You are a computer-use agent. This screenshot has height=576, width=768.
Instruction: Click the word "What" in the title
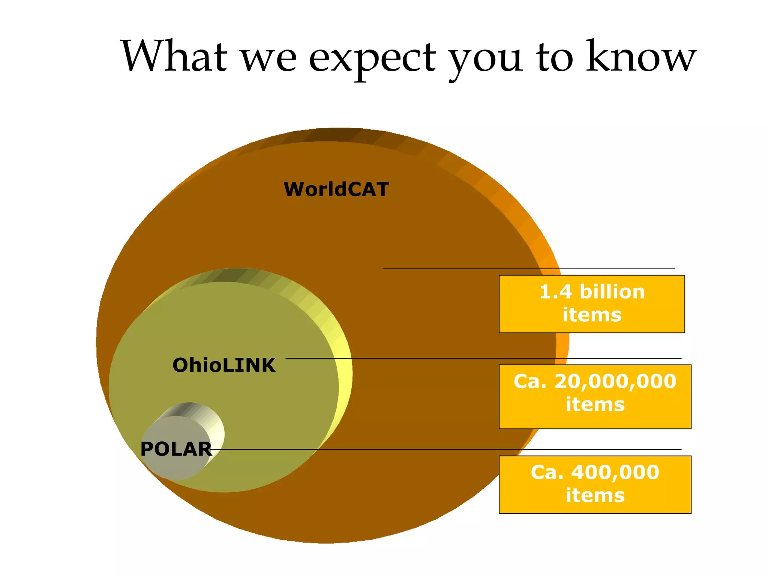[174, 56]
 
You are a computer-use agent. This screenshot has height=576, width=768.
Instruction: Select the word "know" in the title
[641, 56]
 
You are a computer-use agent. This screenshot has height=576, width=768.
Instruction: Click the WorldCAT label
[336, 189]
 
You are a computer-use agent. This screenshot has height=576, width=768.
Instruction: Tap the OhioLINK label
[224, 365]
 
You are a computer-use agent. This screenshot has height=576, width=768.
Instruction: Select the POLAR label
[176, 449]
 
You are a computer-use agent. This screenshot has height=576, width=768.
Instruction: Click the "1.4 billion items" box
[592, 304]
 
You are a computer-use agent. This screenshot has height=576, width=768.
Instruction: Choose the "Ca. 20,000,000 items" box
[595, 396]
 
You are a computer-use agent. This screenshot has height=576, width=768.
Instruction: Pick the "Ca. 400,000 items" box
[595, 484]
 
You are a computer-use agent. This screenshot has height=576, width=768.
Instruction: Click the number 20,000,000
[615, 382]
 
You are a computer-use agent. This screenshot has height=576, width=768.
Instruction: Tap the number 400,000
[615, 472]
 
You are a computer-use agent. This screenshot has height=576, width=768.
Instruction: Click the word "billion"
[612, 292]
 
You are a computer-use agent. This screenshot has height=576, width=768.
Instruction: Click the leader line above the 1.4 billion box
[525, 269]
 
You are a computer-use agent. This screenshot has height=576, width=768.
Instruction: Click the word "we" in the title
[268, 58]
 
